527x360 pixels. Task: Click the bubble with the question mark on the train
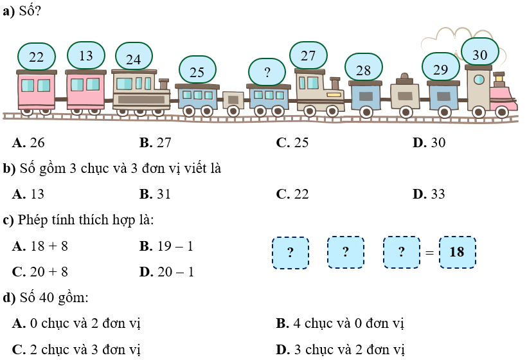click(x=267, y=71)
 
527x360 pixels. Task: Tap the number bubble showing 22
click(x=37, y=57)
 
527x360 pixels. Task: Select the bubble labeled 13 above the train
click(x=85, y=55)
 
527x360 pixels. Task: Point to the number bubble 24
click(x=133, y=59)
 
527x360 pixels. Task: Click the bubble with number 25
click(x=197, y=71)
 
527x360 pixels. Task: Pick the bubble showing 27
click(x=308, y=55)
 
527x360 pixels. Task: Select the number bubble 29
click(x=440, y=68)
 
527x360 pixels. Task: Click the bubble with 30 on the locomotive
click(x=480, y=54)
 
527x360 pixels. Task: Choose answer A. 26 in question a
click(x=29, y=143)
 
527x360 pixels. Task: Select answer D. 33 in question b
click(x=429, y=194)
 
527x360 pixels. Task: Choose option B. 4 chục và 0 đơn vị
click(x=340, y=323)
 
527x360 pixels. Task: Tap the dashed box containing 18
click(x=457, y=252)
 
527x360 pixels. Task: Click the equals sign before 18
click(x=429, y=253)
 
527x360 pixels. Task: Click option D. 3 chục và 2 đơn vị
click(x=341, y=350)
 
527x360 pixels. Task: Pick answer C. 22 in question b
click(x=293, y=194)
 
